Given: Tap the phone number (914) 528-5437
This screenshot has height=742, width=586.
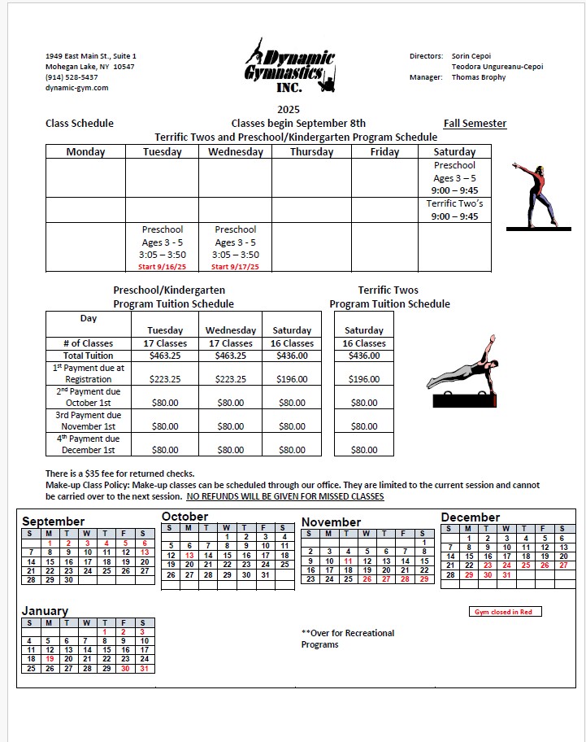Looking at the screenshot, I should point(72,77).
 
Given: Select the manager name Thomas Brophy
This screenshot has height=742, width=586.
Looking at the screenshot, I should point(478,77).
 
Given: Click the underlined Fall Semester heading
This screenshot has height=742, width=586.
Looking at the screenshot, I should point(475,124).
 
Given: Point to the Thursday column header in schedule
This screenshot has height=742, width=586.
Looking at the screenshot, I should point(311,152).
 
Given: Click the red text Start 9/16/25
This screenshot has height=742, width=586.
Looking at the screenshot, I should point(163,266).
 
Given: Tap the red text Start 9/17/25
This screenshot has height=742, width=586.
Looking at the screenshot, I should point(235,266).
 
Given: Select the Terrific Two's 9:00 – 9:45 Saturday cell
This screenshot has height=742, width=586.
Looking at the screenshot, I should point(454,210).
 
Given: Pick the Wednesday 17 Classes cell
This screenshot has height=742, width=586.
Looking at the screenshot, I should point(230,343).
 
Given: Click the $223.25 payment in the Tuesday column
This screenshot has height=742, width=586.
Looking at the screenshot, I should point(165,379).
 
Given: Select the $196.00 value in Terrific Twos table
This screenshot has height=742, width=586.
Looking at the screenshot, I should point(363,379).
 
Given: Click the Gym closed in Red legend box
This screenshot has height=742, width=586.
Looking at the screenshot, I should point(506,612).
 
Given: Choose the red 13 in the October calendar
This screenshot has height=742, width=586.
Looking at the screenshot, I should point(189,555).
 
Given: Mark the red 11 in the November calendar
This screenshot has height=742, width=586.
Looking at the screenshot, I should point(348,561).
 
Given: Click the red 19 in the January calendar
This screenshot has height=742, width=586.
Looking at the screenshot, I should point(50,659).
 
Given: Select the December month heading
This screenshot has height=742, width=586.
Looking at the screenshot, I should point(470,517).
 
